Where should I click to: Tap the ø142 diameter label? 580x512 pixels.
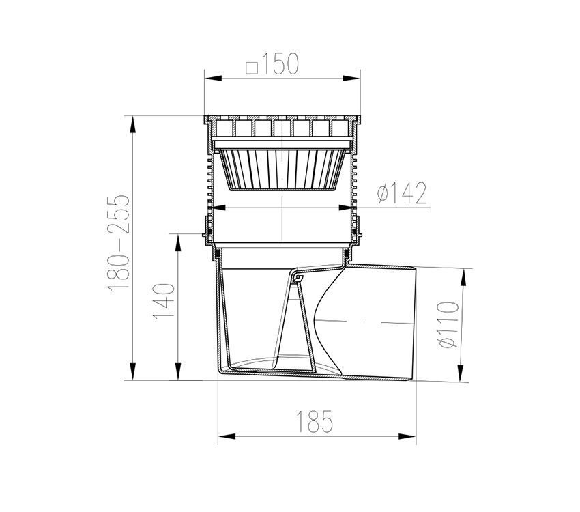[402, 193]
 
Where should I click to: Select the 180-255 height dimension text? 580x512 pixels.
[119, 242]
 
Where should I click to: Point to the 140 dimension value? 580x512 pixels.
[163, 302]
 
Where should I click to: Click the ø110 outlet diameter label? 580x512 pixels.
[448, 325]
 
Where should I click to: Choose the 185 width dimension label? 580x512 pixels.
[315, 422]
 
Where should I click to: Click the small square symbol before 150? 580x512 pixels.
[252, 68]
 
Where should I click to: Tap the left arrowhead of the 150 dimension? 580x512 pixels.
[214, 79]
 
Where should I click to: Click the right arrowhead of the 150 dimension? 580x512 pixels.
[351, 78]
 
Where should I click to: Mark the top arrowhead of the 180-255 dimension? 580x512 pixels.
[132, 124]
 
